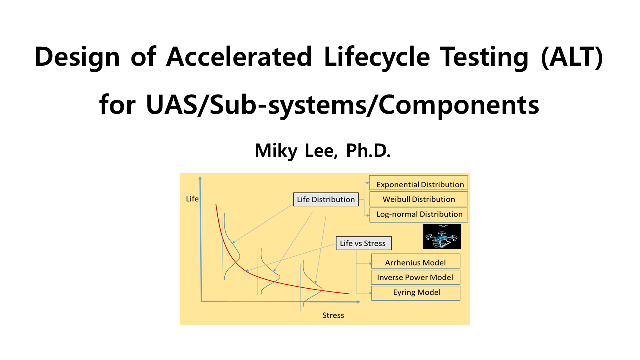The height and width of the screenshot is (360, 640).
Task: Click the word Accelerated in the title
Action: (x=239, y=57)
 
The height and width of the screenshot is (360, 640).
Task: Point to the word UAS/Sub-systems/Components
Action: (x=342, y=105)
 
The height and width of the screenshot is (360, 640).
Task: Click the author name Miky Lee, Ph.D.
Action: (x=323, y=151)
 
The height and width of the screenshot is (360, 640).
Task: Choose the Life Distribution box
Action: (x=326, y=199)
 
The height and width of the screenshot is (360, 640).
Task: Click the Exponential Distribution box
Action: (x=419, y=183)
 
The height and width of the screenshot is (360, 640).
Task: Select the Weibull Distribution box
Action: (x=419, y=199)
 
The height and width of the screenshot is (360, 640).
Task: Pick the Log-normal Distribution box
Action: (x=419, y=215)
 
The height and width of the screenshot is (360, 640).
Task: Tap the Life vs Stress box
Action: (x=363, y=243)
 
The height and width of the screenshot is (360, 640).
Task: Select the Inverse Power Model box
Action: (x=415, y=277)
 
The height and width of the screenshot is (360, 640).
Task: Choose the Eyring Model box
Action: (x=415, y=293)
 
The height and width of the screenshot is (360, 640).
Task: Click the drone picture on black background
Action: (x=442, y=236)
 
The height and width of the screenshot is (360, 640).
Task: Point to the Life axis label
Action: (x=192, y=199)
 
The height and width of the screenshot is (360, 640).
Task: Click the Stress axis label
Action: (x=333, y=315)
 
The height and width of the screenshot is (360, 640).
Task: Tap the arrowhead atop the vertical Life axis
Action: (x=200, y=178)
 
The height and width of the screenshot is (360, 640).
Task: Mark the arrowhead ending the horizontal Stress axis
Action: (x=359, y=302)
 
